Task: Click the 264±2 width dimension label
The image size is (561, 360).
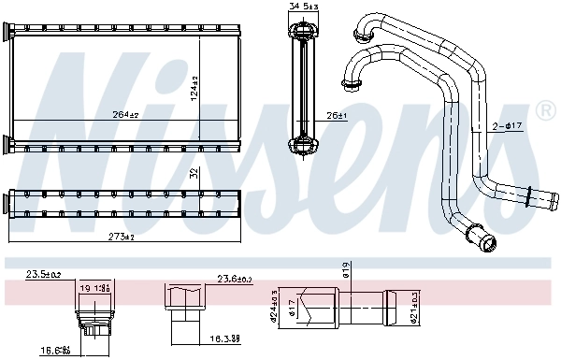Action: click(x=125, y=116)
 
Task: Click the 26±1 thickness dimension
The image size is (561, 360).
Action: click(x=336, y=116)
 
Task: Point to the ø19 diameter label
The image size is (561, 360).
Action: click(x=345, y=271)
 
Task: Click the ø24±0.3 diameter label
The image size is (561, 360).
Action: click(x=273, y=304)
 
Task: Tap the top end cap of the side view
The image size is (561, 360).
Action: click(x=304, y=35)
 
